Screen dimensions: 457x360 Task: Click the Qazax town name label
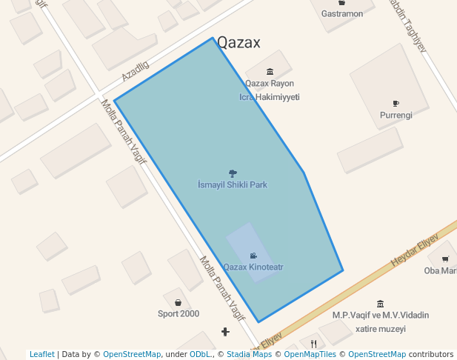(238, 42)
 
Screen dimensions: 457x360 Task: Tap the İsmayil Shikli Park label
(233, 184)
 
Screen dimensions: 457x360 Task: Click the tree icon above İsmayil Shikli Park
(233, 173)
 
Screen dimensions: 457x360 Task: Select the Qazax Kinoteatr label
(253, 267)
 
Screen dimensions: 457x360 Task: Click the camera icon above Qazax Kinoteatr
(253, 256)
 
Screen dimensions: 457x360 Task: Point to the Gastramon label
(341, 13)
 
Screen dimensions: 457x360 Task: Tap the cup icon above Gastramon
(341, 3)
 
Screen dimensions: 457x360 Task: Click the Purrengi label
(396, 116)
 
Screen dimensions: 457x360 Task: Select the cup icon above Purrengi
(396, 104)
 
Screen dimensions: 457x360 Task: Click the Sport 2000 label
(179, 313)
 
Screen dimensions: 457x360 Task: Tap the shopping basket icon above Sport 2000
(179, 302)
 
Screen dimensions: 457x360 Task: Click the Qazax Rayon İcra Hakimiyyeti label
(270, 90)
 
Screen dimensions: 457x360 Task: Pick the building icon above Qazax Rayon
(270, 72)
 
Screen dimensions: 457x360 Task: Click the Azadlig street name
(136, 72)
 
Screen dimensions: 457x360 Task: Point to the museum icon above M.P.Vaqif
(380, 304)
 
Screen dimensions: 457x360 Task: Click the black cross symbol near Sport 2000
(225, 331)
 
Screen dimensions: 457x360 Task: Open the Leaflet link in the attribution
(41, 355)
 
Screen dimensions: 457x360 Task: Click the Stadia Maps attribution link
(249, 355)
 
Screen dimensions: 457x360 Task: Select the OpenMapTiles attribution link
(305, 355)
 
